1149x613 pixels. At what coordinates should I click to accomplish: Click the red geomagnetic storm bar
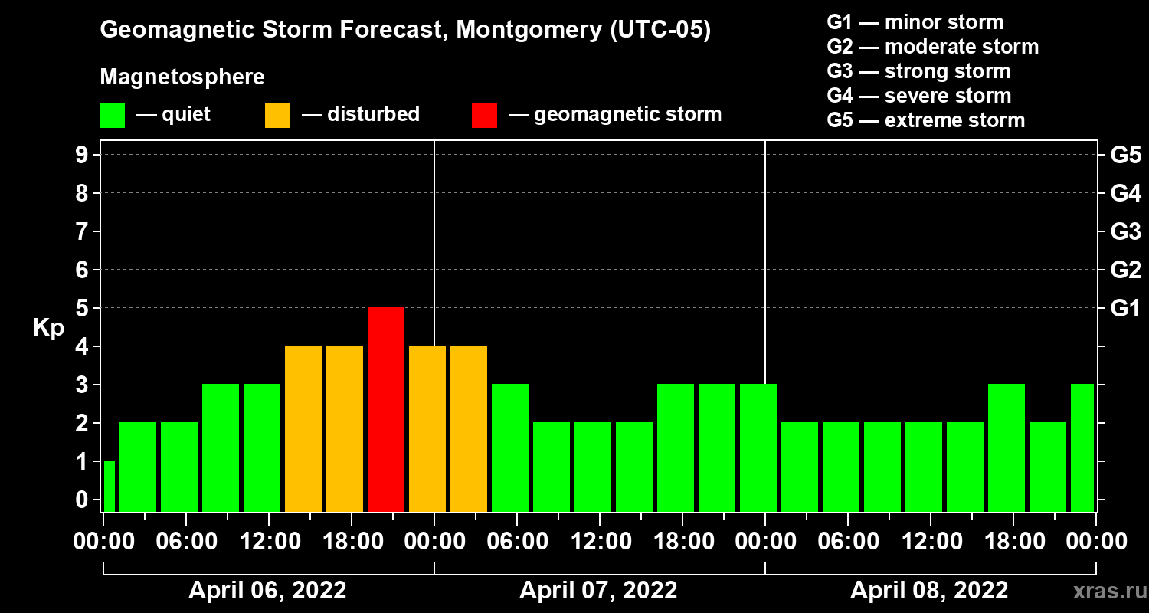386,409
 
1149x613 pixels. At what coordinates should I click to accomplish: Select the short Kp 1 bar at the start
109,486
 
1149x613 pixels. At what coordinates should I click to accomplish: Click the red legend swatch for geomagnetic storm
484,115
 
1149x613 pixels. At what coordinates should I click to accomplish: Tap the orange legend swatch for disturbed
277,115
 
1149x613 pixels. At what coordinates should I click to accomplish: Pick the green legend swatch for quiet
112,115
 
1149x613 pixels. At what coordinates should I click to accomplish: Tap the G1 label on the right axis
1125,308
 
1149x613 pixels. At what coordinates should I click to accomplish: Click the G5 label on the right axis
1125,155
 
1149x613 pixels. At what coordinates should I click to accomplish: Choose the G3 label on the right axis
1125,231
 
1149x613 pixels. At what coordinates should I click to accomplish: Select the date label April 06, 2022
267,591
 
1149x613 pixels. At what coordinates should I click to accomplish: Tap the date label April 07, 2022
598,591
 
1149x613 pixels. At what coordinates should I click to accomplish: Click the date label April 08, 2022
929,591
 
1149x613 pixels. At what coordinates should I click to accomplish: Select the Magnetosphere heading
182,77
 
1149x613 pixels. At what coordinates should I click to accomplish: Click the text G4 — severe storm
919,96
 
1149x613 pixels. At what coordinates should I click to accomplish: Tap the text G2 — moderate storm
933,47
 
